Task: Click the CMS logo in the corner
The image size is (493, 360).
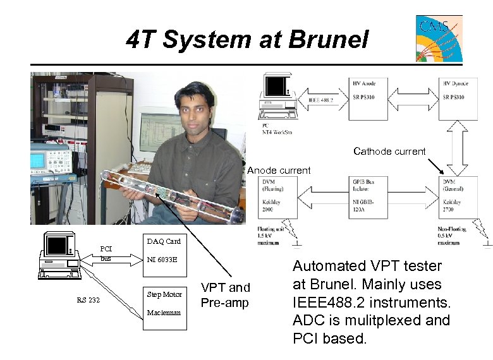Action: [x=439, y=39]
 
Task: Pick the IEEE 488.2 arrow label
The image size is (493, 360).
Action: [x=320, y=100]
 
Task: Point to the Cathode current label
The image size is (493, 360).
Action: [x=389, y=152]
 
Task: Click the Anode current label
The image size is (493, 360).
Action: [x=279, y=171]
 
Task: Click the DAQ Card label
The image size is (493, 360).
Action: [x=164, y=241]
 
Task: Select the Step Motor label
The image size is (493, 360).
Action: [x=164, y=294]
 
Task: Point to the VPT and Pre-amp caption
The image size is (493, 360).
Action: [x=225, y=296]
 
